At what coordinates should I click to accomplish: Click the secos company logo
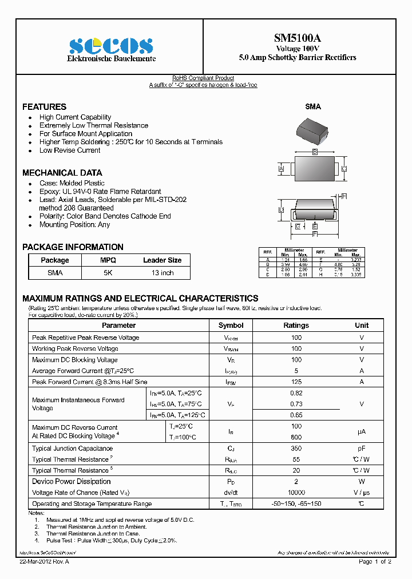pos(111,46)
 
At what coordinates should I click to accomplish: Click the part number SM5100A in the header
pos(297,38)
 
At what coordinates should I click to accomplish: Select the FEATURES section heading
pos(44,107)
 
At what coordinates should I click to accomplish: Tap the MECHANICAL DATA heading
pos(62,173)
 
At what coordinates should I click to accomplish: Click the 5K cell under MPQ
pos(108,273)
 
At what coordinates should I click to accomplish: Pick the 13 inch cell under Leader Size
pos(162,273)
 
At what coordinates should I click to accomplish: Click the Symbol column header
pos(231,325)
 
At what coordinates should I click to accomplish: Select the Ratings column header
pos(296,325)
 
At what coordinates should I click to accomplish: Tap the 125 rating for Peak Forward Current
pos(296,382)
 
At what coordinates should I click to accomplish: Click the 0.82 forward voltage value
pos(296,393)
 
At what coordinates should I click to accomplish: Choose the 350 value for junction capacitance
pos(296,449)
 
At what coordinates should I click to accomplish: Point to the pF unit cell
pos(361,449)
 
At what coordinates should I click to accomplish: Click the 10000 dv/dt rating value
pos(296,493)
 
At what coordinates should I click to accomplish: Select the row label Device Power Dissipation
pos(71,482)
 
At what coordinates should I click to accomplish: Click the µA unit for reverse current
pos(361,432)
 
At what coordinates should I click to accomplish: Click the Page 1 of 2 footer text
pos(375,562)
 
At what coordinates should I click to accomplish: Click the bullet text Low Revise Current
pos(70,150)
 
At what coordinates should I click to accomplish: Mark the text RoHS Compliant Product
pos(203,78)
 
